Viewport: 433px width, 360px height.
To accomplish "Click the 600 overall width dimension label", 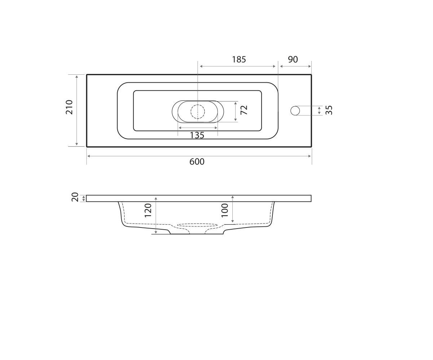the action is (x=197, y=162).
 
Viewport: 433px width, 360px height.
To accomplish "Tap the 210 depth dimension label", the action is (x=69, y=107).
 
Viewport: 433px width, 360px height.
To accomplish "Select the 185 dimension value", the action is (x=239, y=60).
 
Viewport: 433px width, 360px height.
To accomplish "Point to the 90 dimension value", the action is (x=293, y=60).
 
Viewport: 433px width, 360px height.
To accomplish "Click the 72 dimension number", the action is (x=244, y=110).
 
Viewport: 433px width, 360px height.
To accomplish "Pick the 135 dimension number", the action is (x=197, y=135).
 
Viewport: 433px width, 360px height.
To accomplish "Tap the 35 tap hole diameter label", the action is (x=329, y=110).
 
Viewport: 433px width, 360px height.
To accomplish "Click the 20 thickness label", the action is (x=75, y=197).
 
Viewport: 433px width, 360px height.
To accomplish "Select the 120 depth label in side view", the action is (x=148, y=211).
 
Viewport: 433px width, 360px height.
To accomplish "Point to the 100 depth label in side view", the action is (x=225, y=211).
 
